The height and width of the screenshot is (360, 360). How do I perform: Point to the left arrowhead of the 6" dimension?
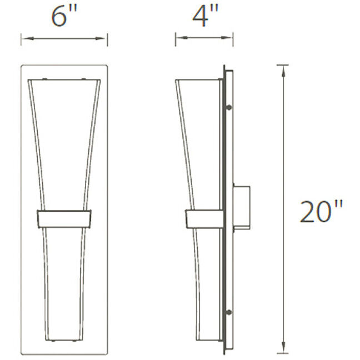click(24, 39)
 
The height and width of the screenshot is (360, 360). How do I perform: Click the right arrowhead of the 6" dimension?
click(104, 39)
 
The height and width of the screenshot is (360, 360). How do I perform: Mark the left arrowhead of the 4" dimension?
click(179, 39)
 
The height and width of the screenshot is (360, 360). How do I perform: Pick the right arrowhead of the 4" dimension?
click(230, 39)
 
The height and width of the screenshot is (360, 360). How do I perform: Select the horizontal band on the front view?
click(64, 218)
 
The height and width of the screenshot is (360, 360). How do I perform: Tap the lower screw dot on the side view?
click(228, 312)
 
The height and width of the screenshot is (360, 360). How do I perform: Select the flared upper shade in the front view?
click(64, 144)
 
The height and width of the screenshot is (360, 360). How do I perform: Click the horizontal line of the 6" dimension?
click(64, 39)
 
